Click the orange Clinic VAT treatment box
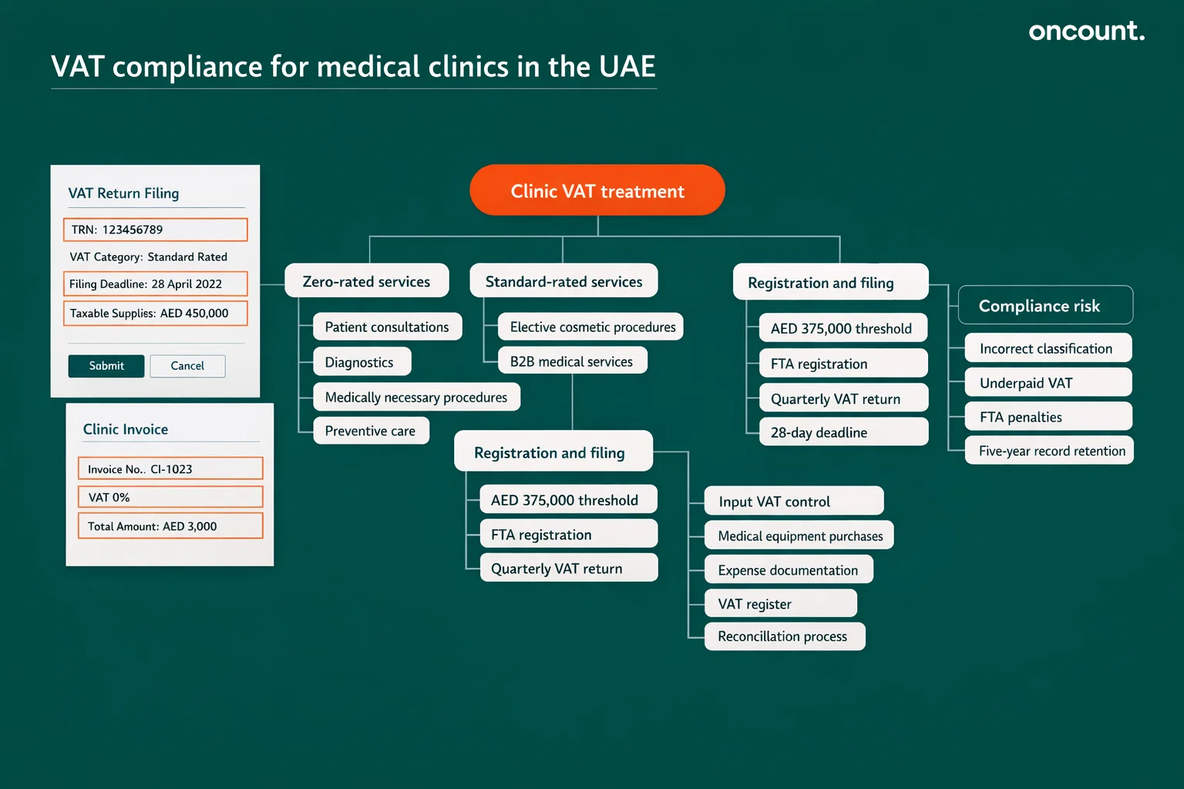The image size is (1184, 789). pos(597,190)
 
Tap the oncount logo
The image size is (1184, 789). pos(1086,31)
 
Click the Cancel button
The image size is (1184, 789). pos(187,366)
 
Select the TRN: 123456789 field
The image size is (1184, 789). pos(155,230)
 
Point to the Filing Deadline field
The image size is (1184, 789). pos(155,284)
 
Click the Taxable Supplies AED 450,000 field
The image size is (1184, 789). pos(155,314)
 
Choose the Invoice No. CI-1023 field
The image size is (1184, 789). pos(170,468)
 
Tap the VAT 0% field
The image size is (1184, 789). pos(170,497)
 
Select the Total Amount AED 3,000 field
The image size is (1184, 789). pos(170,526)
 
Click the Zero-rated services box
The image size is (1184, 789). pos(367,281)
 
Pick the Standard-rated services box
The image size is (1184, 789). pos(563,281)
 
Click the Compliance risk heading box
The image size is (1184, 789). pos(1044,306)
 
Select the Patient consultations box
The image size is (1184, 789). pos(387,327)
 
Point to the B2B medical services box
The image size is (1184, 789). pos(572,361)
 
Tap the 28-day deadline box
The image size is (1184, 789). pos(843,432)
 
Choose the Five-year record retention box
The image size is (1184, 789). pos(1049,451)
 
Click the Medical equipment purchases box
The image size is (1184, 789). pos(799,536)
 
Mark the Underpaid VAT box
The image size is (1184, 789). pos(1048,383)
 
